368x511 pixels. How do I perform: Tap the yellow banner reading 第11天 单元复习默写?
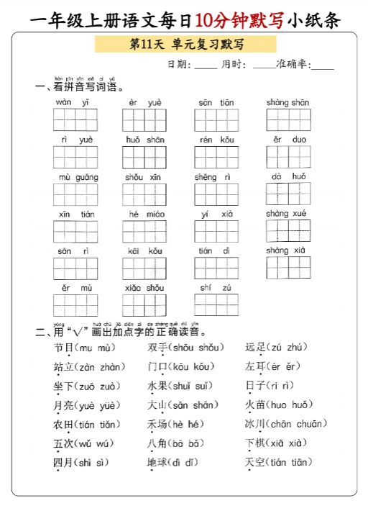pos(185,45)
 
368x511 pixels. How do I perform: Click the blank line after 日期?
pos(206,65)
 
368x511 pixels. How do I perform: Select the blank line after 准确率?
pos(322,65)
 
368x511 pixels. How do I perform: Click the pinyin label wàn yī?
pos(74,102)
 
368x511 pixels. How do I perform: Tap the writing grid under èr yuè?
pos(144,120)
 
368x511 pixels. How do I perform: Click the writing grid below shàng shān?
pos(288,120)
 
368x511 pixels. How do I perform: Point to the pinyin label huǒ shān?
pos(144,140)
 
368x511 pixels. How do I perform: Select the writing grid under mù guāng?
pos(75,194)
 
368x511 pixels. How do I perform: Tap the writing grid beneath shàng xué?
pos(288,231)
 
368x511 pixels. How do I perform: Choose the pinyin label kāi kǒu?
pos(144,250)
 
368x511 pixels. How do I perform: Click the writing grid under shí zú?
pos(216,305)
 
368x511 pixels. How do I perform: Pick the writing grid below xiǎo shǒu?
pos(144,305)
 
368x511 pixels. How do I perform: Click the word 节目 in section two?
pos(64,348)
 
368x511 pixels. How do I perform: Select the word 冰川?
pos(255,424)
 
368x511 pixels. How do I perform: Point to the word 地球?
pos(157,462)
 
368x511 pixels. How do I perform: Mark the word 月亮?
pos(64,405)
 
